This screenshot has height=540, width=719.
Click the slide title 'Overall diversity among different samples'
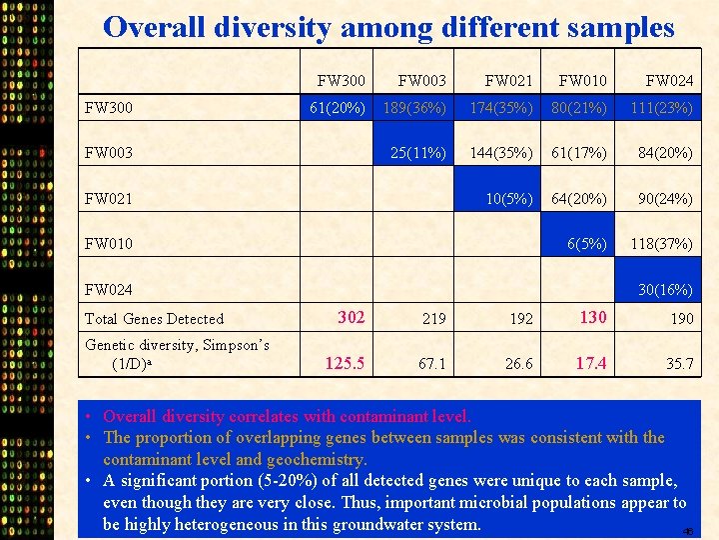pyautogui.click(x=388, y=27)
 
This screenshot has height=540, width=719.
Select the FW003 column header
pyautogui.click(x=421, y=80)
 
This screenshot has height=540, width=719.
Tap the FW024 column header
pyautogui.click(x=669, y=80)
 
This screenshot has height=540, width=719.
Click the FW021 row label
pyautogui.click(x=109, y=198)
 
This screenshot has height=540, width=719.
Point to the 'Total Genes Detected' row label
pyautogui.click(x=154, y=319)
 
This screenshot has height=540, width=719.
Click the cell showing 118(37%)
pyautogui.click(x=661, y=243)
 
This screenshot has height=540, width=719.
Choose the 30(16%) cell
pyautogui.click(x=665, y=289)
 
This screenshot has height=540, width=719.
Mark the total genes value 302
pyautogui.click(x=351, y=317)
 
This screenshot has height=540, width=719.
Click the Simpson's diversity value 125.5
pyautogui.click(x=345, y=362)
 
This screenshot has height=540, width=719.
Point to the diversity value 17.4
pyautogui.click(x=591, y=362)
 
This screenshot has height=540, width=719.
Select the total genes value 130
pyautogui.click(x=593, y=317)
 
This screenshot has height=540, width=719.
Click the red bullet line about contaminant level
pyautogui.click(x=287, y=416)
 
